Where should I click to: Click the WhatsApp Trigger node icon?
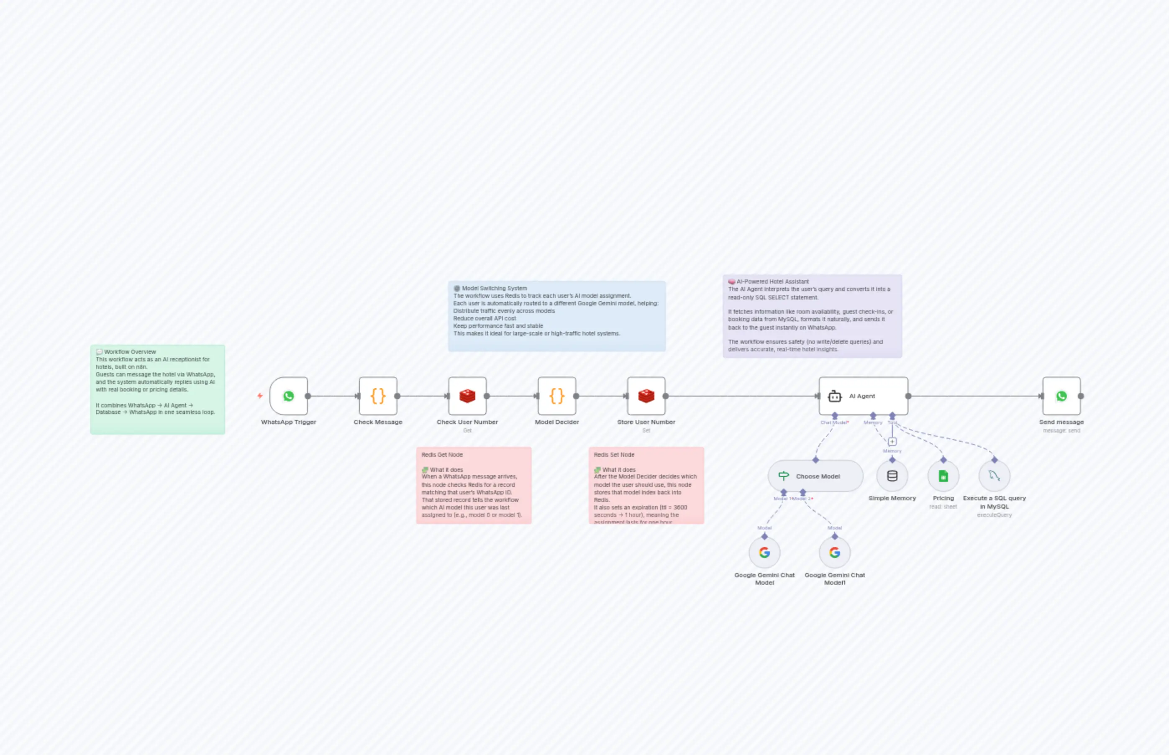[x=288, y=396]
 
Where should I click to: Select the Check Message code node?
[x=377, y=396]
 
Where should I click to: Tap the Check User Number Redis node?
[x=467, y=396]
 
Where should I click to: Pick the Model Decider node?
[x=556, y=396]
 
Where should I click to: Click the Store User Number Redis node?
[x=646, y=396]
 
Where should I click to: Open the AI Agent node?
[x=863, y=396]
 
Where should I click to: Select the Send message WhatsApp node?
[x=1061, y=396]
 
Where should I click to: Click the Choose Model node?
[x=815, y=476]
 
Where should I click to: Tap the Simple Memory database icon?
[x=892, y=476]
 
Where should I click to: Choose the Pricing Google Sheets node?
[x=943, y=476]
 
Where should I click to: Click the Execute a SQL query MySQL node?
[x=994, y=476]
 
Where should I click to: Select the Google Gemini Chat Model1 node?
[x=835, y=553]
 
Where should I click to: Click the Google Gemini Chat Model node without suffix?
[x=764, y=553]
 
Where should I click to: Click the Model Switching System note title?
[x=494, y=288]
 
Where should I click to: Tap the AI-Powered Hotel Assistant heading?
[x=772, y=282]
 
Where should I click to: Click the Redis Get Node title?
[x=442, y=455]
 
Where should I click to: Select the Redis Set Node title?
[x=614, y=455]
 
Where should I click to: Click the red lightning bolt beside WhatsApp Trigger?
[x=260, y=396]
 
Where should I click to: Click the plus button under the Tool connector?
[x=892, y=441]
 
